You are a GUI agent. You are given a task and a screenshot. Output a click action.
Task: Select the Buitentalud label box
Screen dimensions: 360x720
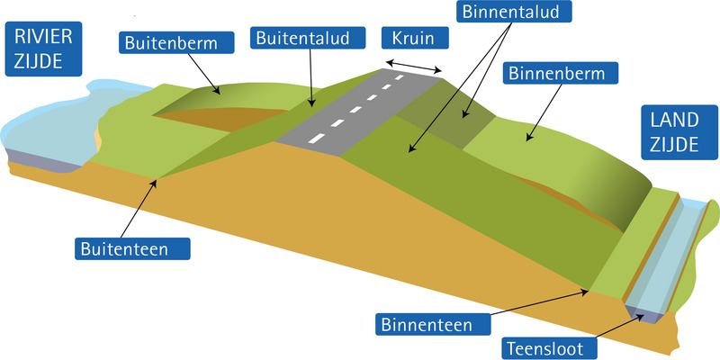[x=310, y=39]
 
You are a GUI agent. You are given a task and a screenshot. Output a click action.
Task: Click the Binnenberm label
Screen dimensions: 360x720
[x=555, y=73]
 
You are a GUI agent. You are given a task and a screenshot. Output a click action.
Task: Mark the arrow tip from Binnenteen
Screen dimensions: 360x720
[x=589, y=290]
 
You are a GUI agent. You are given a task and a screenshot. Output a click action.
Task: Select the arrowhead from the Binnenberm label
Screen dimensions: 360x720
[x=527, y=140]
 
